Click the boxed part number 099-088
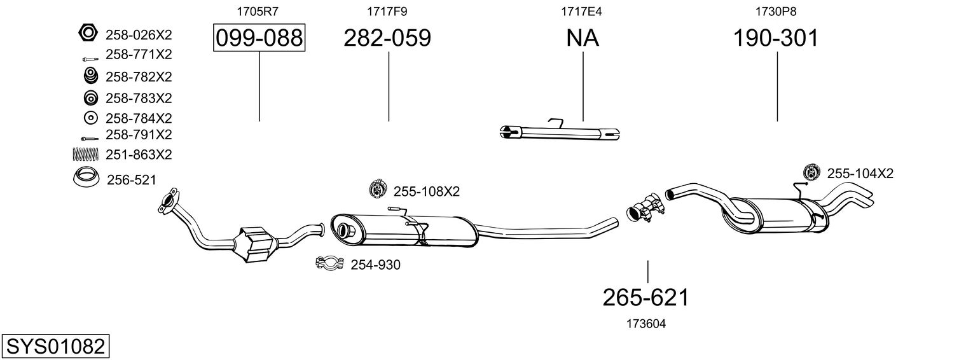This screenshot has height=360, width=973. (x=259, y=38)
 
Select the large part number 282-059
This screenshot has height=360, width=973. (x=387, y=38)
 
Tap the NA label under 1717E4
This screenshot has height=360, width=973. (x=583, y=38)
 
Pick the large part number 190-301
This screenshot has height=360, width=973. (x=776, y=38)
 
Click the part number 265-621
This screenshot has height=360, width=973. (x=646, y=298)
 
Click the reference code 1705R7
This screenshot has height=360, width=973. (x=257, y=11)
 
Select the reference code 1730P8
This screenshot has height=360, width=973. (x=776, y=11)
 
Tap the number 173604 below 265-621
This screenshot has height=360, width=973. (x=646, y=324)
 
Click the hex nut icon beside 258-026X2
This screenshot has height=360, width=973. (x=88, y=33)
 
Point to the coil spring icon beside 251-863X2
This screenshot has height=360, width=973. (x=86, y=154)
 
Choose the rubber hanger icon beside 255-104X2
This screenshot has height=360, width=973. (x=811, y=173)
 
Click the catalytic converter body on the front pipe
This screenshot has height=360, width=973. (x=255, y=244)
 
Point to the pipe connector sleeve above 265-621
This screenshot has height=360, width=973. (x=646, y=209)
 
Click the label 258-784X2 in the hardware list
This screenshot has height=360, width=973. (x=139, y=118)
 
